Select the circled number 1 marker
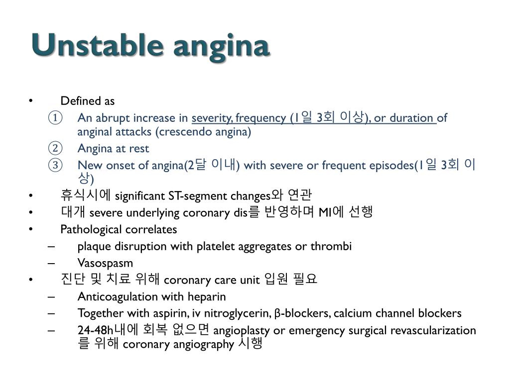point(55,118)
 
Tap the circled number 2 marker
point(55,149)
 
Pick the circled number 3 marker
point(55,166)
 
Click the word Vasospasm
point(105,263)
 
